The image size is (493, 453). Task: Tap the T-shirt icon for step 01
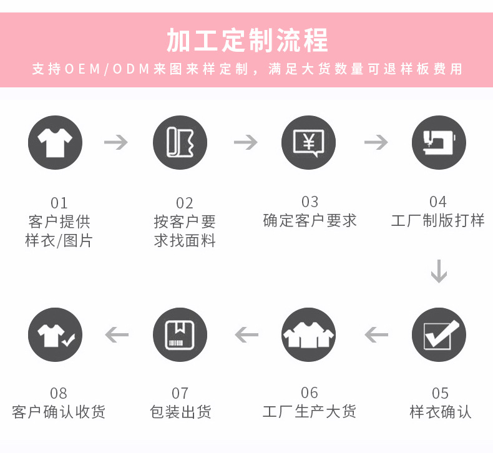pyautogui.click(x=55, y=143)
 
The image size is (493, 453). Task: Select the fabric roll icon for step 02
pyautogui.click(x=180, y=143)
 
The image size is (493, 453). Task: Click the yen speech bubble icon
pyautogui.click(x=308, y=143)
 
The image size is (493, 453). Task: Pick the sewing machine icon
pyautogui.click(x=439, y=143)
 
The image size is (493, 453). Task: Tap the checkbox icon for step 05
pyautogui.click(x=439, y=334)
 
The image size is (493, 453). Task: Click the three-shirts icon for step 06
pyautogui.click(x=308, y=334)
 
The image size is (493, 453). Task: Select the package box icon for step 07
pyautogui.click(x=180, y=334)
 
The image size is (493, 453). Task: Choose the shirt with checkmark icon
pyautogui.click(x=55, y=334)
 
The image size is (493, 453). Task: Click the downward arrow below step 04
pyautogui.click(x=439, y=271)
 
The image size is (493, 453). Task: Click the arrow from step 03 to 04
pyautogui.click(x=376, y=142)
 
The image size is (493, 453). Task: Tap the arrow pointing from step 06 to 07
pyautogui.click(x=246, y=335)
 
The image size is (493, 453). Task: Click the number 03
pyautogui.click(x=310, y=202)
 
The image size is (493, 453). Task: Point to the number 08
pyautogui.click(x=58, y=393)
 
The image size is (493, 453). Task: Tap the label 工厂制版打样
pyautogui.click(x=437, y=221)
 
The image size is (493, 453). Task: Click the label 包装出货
pyautogui.click(x=180, y=412)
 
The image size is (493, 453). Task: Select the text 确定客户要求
pyautogui.click(x=310, y=221)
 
